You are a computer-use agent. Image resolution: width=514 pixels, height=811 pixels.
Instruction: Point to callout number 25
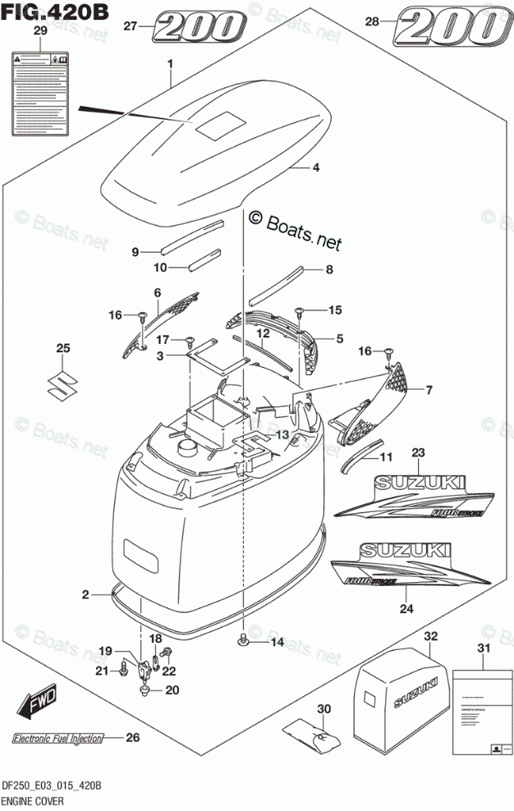[x=62, y=350]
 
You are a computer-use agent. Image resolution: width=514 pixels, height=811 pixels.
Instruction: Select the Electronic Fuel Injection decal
[x=57, y=738]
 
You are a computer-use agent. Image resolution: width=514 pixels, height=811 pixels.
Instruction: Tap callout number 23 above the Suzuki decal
[x=419, y=452]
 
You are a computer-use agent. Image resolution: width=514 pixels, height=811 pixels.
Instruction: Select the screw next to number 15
[x=300, y=310]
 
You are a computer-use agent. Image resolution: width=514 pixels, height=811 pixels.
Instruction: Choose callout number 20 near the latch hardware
[x=171, y=690]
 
